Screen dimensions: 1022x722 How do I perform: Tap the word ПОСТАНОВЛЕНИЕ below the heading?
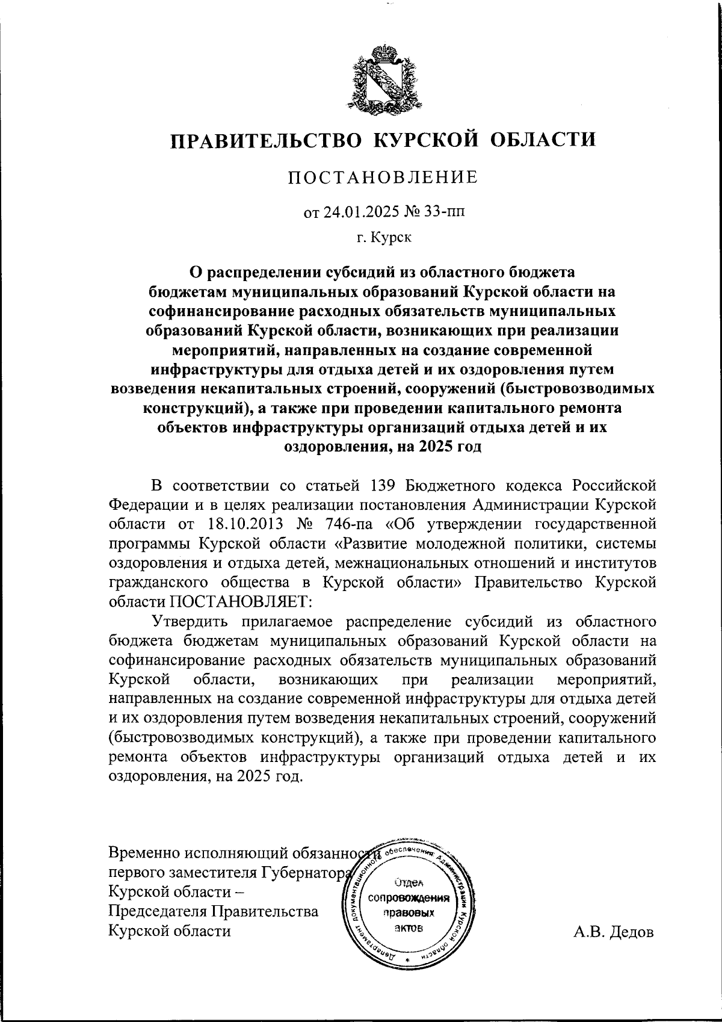click(x=383, y=178)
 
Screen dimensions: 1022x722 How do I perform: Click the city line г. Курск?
click(x=384, y=238)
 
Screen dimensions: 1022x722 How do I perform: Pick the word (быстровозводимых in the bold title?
click(x=577, y=389)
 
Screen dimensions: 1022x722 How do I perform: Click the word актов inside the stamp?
click(x=409, y=928)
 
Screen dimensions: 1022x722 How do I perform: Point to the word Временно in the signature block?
click(x=145, y=853)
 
